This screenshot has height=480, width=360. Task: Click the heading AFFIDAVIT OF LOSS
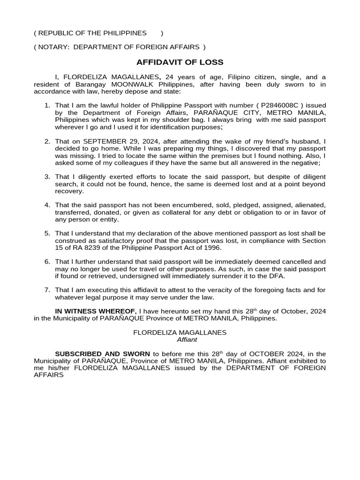pos(180,62)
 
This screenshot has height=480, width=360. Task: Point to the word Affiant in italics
pos(180,339)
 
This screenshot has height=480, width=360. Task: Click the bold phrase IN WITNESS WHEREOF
pos(96,311)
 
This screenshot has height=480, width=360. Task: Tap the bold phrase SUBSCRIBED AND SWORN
pos(103,354)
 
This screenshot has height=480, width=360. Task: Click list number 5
pos(47,233)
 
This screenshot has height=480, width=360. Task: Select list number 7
pos(47,290)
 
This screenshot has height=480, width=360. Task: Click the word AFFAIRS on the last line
pos(49,375)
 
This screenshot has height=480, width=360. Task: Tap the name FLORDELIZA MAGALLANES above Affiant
pos(180,332)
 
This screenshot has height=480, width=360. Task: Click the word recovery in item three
pos(69,191)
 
